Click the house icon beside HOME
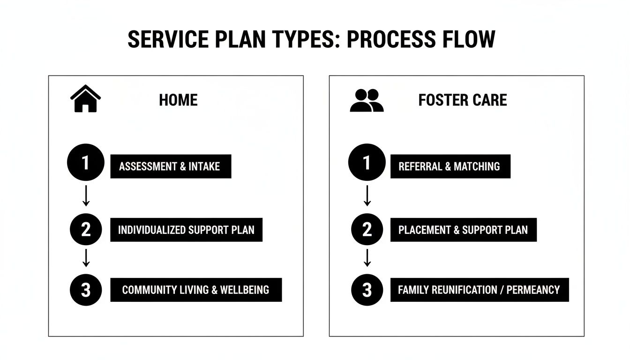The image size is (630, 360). point(85,99)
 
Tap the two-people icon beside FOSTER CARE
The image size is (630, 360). point(367,100)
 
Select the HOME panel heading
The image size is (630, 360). point(178,100)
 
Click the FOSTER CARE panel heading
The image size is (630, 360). point(462,100)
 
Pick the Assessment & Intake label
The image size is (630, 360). point(171,166)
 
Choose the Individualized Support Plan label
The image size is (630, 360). point(186,230)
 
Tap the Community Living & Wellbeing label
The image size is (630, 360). point(195,290)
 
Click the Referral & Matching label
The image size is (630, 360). point(450,166)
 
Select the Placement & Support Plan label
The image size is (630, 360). point(463,230)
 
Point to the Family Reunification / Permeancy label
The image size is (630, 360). point(479,290)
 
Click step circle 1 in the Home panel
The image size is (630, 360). point(85,163)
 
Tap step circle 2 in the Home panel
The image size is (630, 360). point(86,230)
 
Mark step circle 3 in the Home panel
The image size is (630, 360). point(86,290)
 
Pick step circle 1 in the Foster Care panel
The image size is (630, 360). point(367,163)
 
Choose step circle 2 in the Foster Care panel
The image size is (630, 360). point(367,230)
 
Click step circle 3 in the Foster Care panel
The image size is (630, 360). point(367,290)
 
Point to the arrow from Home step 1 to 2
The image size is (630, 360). point(86,196)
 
